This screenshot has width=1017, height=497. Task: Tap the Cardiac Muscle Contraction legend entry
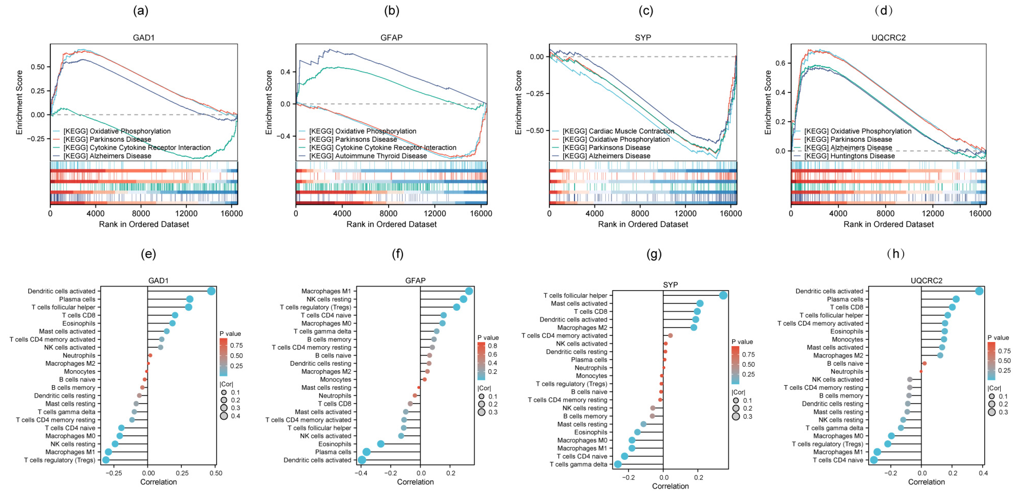point(618,131)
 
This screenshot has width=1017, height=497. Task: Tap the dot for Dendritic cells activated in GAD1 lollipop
point(211,291)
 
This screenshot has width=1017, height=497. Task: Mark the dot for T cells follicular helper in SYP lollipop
point(723,296)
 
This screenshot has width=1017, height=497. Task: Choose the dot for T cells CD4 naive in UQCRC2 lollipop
point(874,460)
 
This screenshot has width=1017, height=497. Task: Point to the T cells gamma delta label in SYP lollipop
point(578,464)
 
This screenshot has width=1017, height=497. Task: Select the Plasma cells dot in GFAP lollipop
point(366,452)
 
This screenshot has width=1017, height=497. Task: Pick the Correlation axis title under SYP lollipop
point(670,486)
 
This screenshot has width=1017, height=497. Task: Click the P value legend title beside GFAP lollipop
point(488,338)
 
